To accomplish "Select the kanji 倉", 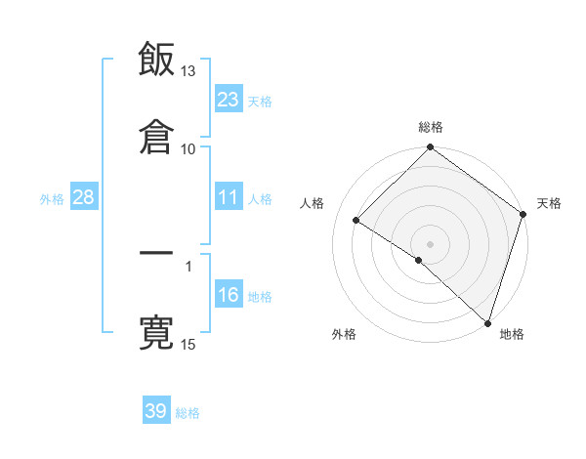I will coord(156,135).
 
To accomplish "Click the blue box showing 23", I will coord(229,99).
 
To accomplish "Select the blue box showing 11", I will coord(229,197).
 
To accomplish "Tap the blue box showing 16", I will coord(229,296).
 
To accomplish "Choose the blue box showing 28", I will coord(84,197).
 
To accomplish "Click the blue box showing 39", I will coord(156,411).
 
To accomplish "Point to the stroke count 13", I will coord(188,71).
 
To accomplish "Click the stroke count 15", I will coord(188,345).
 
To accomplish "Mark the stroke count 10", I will coord(188,148).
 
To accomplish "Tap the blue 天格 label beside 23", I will coord(260,101).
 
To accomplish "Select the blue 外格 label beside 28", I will coord(52,199).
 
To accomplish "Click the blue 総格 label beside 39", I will coord(188,413).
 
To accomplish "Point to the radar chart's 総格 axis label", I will coord(431,128).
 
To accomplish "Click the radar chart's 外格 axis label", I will coord(344,335).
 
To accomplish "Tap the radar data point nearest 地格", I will coord(487,322).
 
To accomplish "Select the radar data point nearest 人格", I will coord(356,221).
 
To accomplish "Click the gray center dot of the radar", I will coord(431,243).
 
